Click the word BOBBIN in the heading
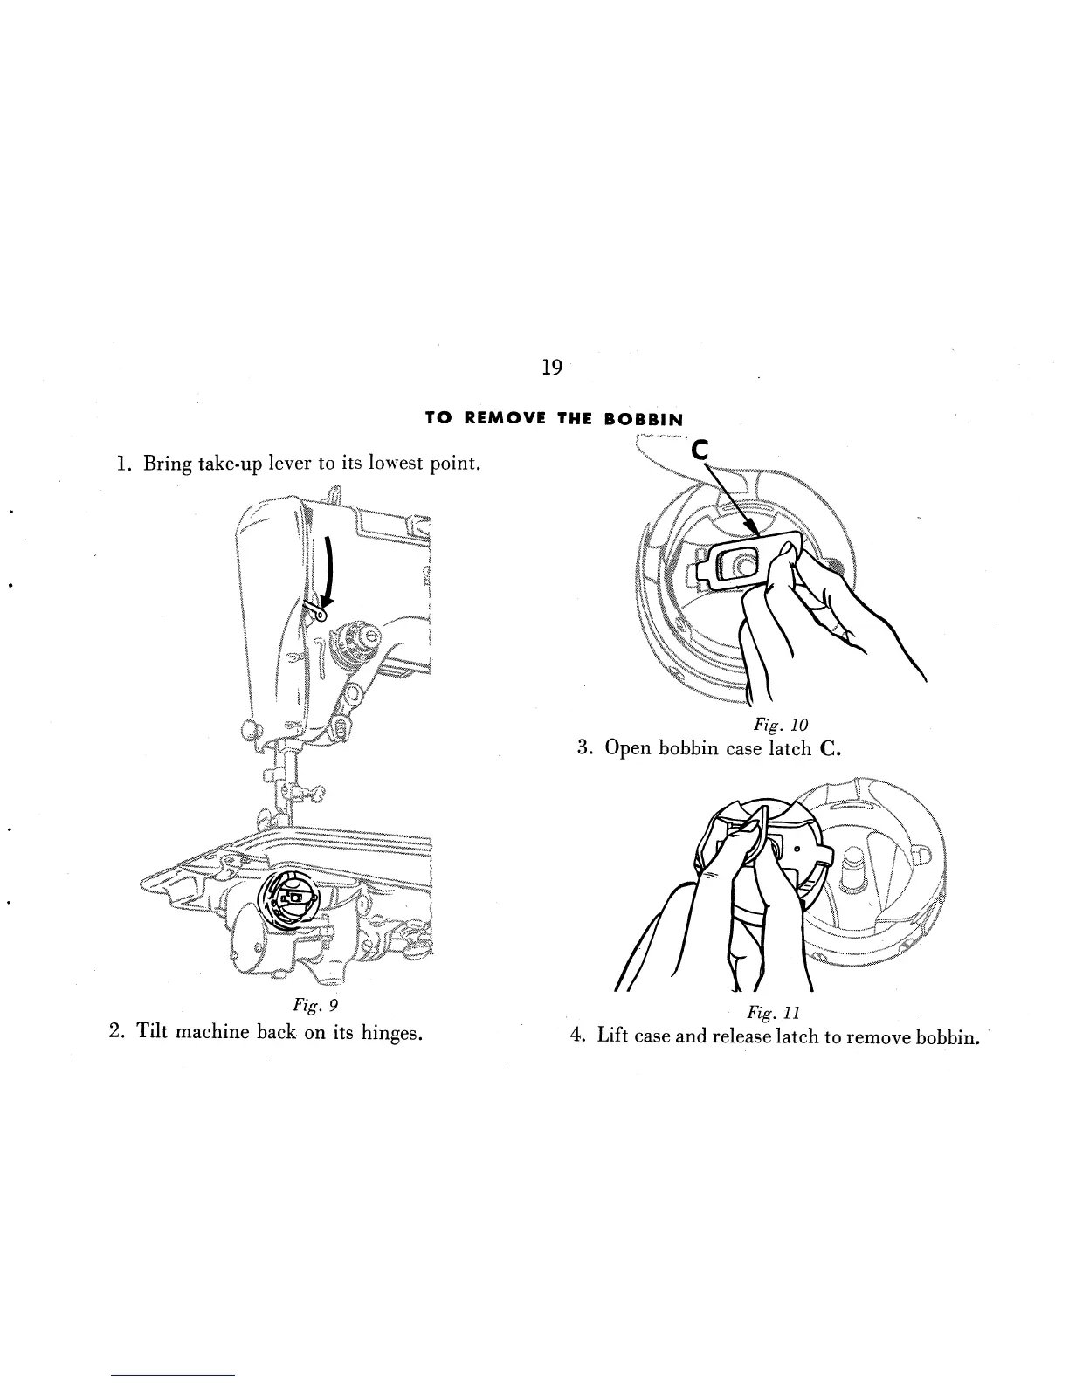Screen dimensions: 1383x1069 click(x=643, y=418)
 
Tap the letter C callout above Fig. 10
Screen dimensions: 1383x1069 click(x=700, y=451)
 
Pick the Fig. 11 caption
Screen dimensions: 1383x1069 click(x=768, y=1012)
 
